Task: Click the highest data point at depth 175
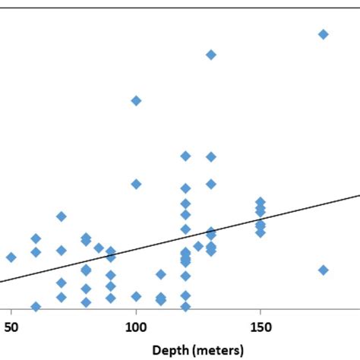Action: click(323, 34)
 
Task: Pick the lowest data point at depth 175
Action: click(323, 270)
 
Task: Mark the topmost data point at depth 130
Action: click(210, 55)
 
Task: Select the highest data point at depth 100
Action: click(136, 100)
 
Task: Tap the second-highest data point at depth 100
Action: click(136, 184)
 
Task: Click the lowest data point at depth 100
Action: click(136, 296)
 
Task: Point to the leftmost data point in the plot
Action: click(11, 257)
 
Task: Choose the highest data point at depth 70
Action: click(61, 216)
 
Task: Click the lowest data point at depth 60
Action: click(36, 307)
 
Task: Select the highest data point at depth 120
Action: click(185, 156)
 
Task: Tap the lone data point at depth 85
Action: click(99, 248)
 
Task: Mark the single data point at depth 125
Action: click(198, 246)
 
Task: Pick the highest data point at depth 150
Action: click(261, 201)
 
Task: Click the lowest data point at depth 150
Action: click(261, 232)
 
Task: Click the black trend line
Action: click(304, 209)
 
